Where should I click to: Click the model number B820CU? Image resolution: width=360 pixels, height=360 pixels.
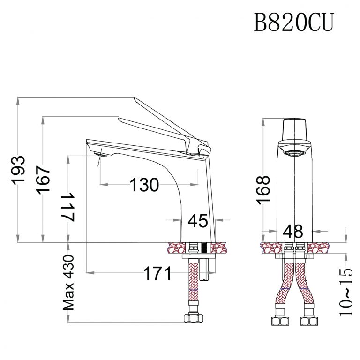tap(293, 22)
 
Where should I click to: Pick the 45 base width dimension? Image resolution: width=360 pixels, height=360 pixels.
tap(197, 220)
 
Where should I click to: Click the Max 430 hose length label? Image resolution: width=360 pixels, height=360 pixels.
tap(70, 283)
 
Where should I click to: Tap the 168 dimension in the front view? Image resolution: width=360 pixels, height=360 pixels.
tap(264, 189)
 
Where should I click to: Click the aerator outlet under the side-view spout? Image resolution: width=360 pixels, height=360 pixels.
tap(101, 154)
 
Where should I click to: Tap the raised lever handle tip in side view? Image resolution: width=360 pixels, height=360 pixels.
tap(137, 100)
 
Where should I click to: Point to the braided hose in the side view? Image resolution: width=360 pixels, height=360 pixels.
tap(192, 286)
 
